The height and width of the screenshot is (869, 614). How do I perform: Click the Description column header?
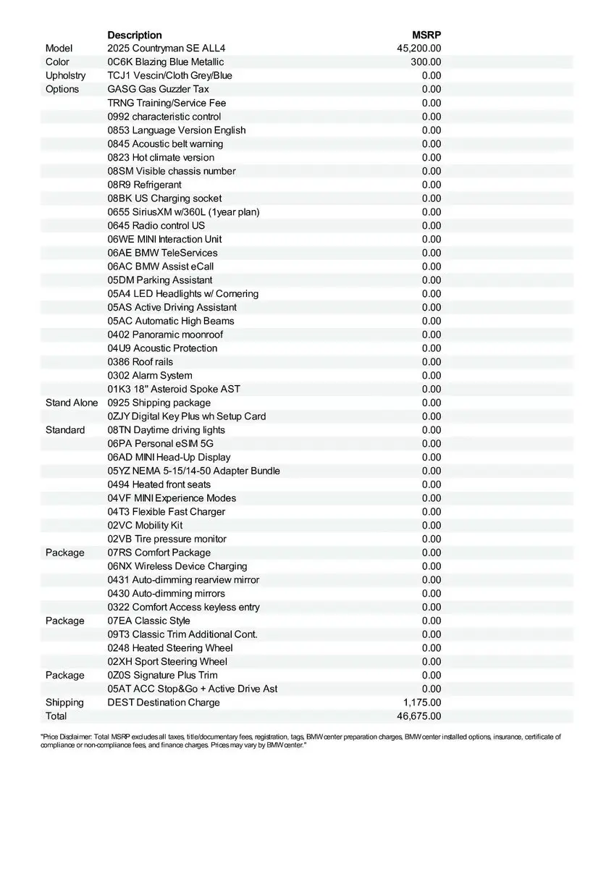click(135, 35)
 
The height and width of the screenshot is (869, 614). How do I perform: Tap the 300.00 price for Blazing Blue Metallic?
click(426, 62)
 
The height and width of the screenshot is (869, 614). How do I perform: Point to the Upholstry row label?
click(65, 75)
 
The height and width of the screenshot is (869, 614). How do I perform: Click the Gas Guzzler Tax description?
click(158, 89)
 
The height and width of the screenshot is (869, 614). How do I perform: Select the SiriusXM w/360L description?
click(183, 212)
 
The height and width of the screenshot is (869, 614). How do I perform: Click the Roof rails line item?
click(140, 362)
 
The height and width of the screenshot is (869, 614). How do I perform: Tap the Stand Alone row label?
click(72, 403)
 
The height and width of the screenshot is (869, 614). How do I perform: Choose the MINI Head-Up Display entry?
click(169, 457)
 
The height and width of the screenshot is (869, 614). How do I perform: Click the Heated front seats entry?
click(159, 484)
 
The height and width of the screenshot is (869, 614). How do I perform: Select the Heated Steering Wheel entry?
click(170, 648)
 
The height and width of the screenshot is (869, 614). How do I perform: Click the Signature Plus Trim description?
click(162, 675)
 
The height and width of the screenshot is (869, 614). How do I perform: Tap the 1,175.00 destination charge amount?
click(422, 702)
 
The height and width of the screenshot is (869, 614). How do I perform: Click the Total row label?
click(56, 716)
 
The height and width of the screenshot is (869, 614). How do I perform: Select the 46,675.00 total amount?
click(419, 716)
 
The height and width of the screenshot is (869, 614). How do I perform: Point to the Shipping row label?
click(64, 702)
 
